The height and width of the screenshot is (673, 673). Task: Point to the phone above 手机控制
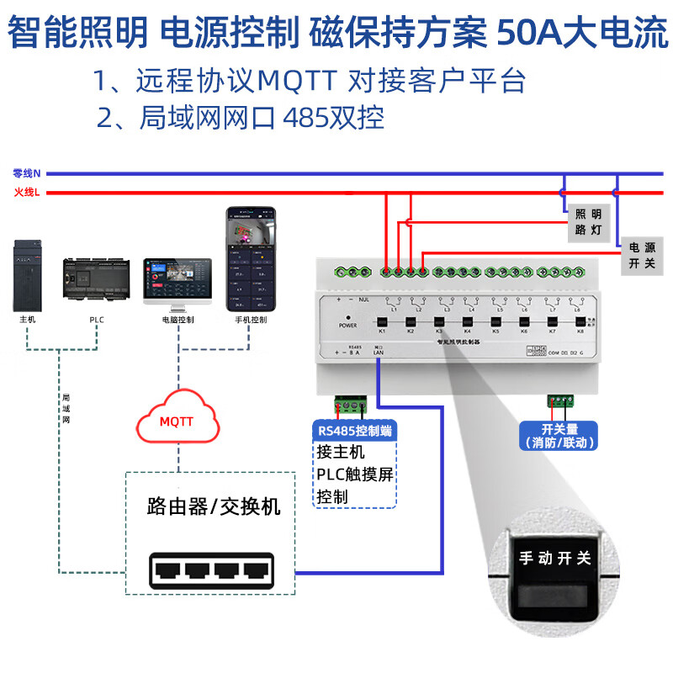point(250,260)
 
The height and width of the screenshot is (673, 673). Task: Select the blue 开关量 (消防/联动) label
point(559,435)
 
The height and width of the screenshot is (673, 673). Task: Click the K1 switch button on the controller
point(381,321)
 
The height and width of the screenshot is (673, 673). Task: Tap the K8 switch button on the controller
point(579,321)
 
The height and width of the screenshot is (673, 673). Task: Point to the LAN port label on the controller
point(379,352)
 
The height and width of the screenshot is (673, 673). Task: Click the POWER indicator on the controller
point(347,325)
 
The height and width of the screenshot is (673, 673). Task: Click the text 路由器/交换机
point(214,506)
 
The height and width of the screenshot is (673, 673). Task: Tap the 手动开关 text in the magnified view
point(555,558)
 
